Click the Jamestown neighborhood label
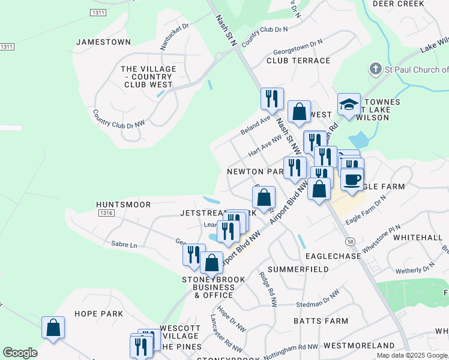point(103,42)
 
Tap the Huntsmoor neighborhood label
point(123,205)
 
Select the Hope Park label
point(98,314)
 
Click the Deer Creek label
point(415,4)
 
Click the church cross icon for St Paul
point(375,69)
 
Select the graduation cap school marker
point(349,105)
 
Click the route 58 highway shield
point(349,241)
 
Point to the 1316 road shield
point(106,213)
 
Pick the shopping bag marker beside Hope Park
point(53,328)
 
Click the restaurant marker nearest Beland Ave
point(271,98)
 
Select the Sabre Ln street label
point(124,245)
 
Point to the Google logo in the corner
point(20,353)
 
